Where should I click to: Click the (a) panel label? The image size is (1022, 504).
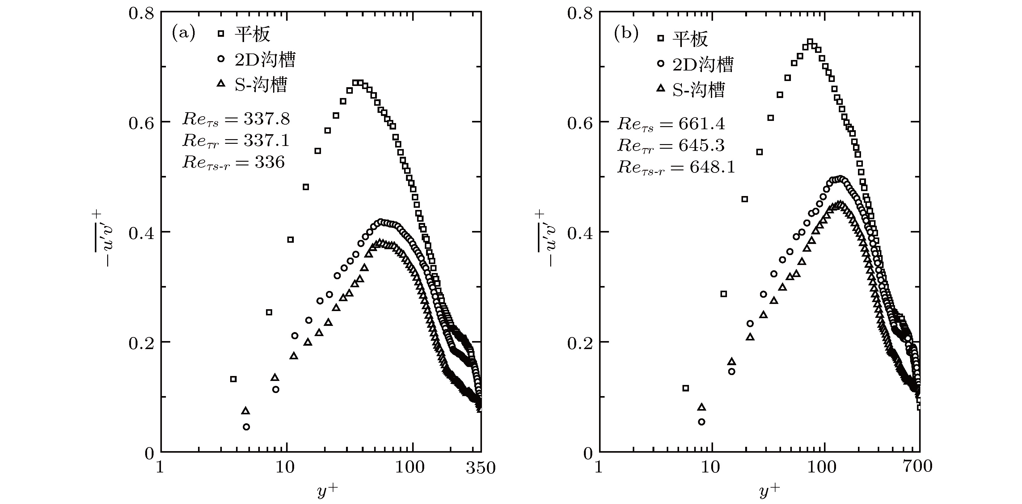point(183,33)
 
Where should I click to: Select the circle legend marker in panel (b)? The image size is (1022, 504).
point(660,64)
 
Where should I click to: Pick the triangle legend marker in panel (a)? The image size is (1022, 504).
point(221,83)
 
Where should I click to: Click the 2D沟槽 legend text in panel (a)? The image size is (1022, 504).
point(265,60)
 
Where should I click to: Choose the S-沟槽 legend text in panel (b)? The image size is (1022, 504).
point(699,90)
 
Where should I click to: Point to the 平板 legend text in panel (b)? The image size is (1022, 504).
point(690,39)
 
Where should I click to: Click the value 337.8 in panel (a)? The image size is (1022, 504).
point(267,119)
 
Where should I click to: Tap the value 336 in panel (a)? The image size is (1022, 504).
point(270,162)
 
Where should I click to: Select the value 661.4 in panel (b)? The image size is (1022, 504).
point(701,124)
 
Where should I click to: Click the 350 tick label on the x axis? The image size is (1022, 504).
point(480,468)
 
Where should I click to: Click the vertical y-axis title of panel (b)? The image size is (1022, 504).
point(548,238)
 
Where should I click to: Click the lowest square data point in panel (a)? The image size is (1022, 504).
point(233,379)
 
